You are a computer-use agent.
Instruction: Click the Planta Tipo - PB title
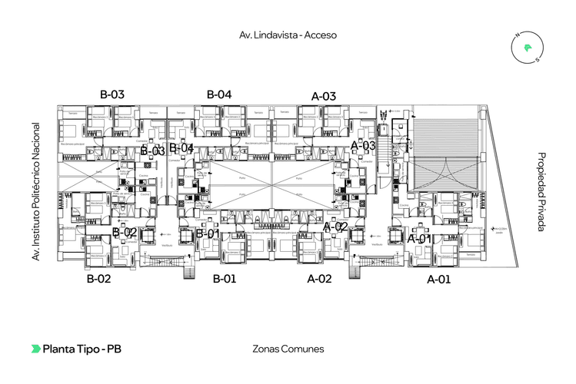pyautogui.click(x=82, y=349)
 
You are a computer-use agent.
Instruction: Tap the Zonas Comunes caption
pyautogui.click(x=288, y=349)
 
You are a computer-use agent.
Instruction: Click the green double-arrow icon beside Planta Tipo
pyautogui.click(x=36, y=349)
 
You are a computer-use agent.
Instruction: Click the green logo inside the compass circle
pyautogui.click(x=528, y=48)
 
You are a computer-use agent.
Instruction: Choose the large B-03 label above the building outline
pyautogui.click(x=112, y=94)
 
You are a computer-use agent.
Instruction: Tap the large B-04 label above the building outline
pyautogui.click(x=219, y=94)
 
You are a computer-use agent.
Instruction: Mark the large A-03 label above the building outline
pyautogui.click(x=324, y=96)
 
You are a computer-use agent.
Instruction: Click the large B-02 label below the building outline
pyautogui.click(x=98, y=279)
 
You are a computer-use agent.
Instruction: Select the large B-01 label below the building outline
pyautogui.click(x=225, y=279)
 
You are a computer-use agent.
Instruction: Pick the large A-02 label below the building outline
pyautogui.click(x=319, y=279)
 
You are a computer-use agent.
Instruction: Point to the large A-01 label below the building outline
pyautogui.click(x=438, y=280)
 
